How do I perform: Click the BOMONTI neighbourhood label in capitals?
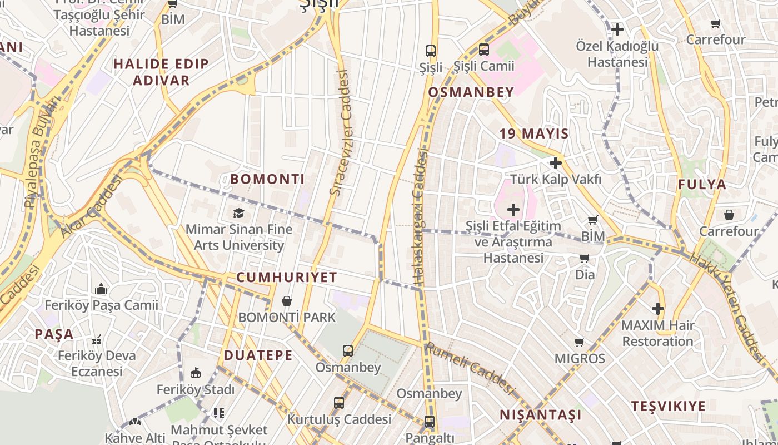tap(267, 179)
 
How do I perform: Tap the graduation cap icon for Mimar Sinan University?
tap(238, 213)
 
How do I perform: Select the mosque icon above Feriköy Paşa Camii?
tap(101, 289)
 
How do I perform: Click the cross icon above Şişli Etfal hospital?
tap(513, 210)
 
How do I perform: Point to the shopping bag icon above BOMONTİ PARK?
tap(287, 301)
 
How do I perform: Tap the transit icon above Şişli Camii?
tap(484, 50)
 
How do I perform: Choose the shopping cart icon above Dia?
tap(584, 259)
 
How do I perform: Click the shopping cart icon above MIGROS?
tap(580, 342)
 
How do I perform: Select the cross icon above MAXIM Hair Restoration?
tap(658, 308)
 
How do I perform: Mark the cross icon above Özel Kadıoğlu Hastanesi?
tap(617, 29)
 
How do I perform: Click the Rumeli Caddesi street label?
tap(468, 368)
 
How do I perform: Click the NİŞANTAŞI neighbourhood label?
tap(541, 415)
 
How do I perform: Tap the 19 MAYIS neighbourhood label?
tap(534, 133)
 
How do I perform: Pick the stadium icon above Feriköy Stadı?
tap(195, 373)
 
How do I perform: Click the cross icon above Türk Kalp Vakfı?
tap(555, 163)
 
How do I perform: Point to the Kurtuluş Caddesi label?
tap(340, 419)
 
